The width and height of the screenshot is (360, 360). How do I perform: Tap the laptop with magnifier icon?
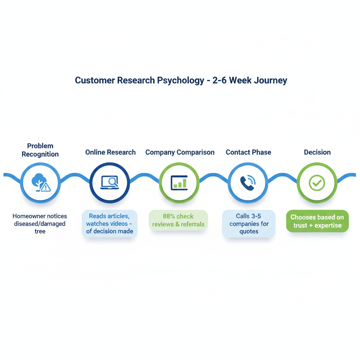point(110,183)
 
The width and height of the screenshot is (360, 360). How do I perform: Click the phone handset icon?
point(248,183)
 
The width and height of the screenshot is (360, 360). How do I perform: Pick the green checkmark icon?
point(317,183)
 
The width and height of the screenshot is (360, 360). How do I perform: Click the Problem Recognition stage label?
point(40,150)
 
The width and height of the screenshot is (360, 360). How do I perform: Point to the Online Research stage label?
point(110,152)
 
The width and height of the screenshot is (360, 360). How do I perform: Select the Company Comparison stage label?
point(180,152)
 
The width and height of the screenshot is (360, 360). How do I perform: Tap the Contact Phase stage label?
point(248,152)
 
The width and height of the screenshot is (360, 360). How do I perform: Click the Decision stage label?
point(317,152)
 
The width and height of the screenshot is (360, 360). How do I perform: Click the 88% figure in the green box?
point(169,216)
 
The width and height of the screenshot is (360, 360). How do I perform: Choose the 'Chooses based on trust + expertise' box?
point(317,221)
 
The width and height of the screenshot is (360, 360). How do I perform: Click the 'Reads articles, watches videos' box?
point(109,224)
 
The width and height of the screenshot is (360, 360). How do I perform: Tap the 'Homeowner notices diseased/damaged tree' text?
point(40,224)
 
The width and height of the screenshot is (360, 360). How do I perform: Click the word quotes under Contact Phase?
point(249,231)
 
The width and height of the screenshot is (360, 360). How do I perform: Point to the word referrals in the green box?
point(192,224)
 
